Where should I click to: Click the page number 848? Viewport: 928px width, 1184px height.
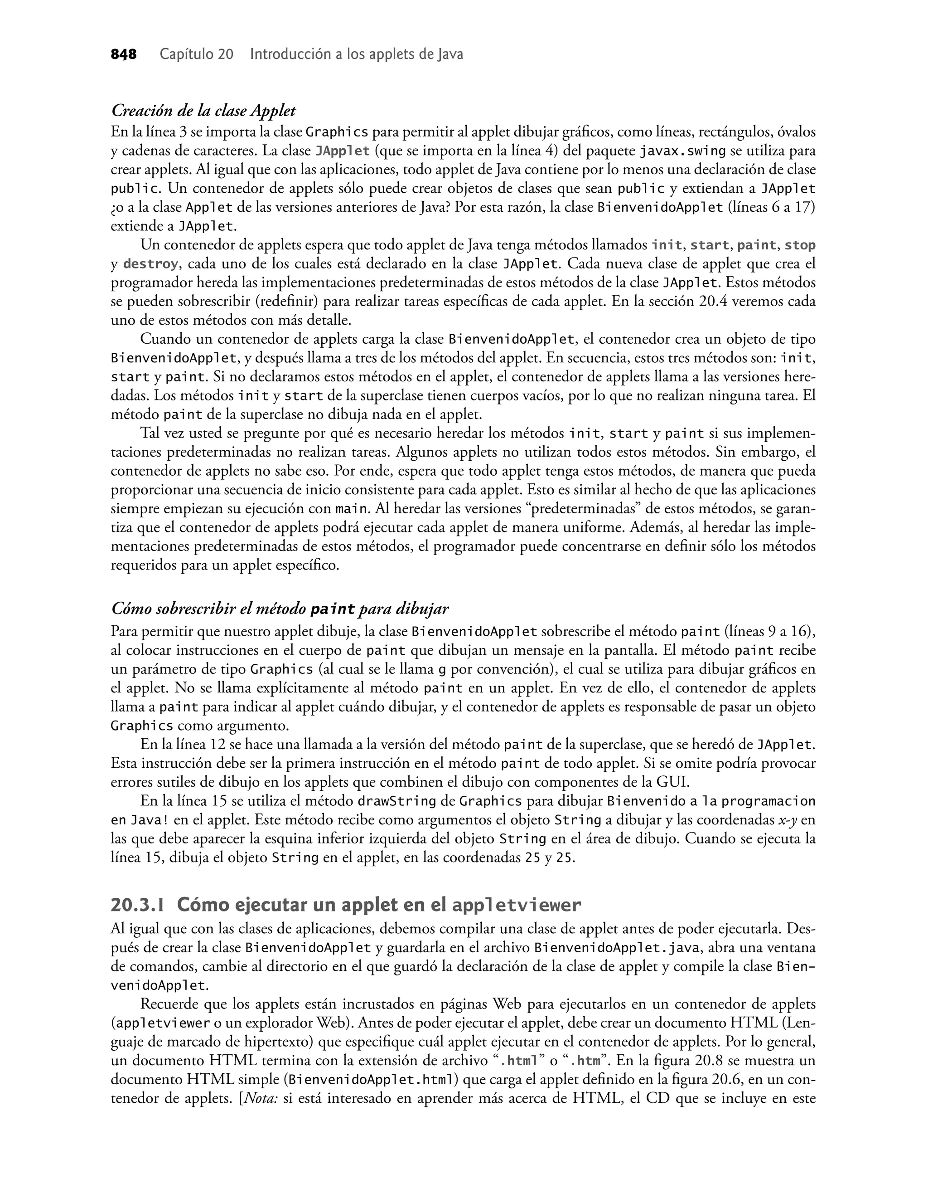123,54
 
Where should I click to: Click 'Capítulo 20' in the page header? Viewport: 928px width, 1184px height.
196,54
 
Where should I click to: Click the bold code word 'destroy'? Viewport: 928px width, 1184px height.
150,264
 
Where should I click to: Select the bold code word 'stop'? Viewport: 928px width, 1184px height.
800,245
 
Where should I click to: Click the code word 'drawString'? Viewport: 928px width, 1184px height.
396,801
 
